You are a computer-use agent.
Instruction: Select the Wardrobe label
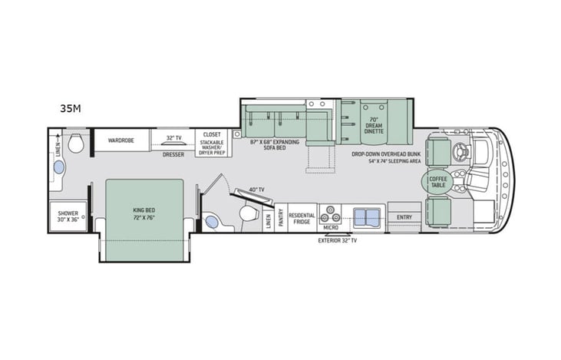tap(121, 140)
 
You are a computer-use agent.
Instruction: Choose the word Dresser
tap(173, 154)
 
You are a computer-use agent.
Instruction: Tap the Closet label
tap(212, 134)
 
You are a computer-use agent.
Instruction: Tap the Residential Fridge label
tap(302, 219)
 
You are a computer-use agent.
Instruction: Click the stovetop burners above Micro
tap(331, 213)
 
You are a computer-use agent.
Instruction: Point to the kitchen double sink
tap(366, 213)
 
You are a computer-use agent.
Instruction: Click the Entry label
tap(404, 217)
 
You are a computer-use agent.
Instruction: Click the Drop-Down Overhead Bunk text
tap(386, 154)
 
